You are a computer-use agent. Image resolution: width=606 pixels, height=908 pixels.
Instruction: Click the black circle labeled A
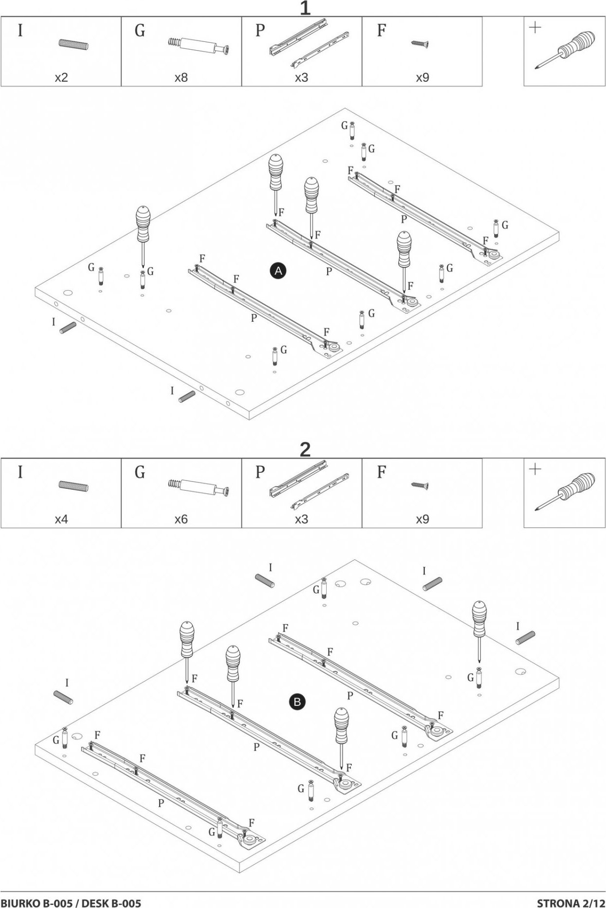click(278, 271)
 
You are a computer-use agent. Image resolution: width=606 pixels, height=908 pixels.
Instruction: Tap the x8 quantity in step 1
click(181, 77)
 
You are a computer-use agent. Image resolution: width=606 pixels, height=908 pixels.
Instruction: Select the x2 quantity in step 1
click(61, 77)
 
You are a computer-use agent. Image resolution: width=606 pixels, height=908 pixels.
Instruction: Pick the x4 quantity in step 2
click(61, 519)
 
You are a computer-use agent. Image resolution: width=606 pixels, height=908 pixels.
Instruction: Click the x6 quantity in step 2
click(181, 519)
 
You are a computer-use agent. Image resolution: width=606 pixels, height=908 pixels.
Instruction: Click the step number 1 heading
click(305, 8)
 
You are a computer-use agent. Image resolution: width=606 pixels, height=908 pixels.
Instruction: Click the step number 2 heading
click(305, 449)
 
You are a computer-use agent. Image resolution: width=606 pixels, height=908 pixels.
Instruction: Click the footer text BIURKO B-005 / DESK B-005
click(71, 900)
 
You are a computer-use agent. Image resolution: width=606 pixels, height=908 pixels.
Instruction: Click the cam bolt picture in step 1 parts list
click(200, 46)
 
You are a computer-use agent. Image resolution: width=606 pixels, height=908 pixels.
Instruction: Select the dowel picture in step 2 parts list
click(73, 486)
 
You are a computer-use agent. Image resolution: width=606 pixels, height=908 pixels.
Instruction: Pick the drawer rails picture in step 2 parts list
click(310, 484)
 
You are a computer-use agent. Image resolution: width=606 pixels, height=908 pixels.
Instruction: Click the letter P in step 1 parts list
click(260, 31)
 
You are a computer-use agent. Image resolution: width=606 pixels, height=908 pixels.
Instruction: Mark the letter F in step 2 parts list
click(382, 472)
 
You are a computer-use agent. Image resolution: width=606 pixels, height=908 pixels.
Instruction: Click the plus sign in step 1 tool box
click(535, 27)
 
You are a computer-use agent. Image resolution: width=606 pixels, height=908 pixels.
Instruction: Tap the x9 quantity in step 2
click(422, 519)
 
